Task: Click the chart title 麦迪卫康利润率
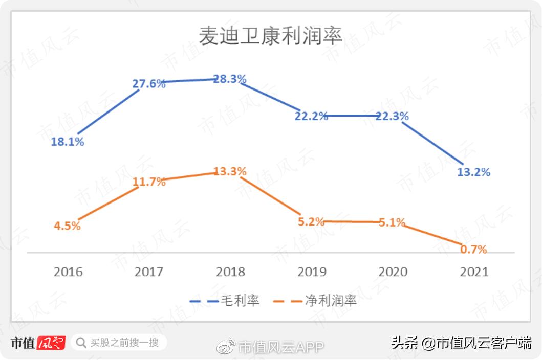270,37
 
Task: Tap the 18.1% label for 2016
67,142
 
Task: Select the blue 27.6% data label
149,84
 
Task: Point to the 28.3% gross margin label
230,79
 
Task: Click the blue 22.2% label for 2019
311,116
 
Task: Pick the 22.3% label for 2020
392,117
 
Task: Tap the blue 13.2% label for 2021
473,172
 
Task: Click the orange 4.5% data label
67,226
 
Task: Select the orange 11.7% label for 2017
149,181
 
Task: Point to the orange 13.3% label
230,171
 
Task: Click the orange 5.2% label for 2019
311,222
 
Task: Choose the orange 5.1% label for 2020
392,222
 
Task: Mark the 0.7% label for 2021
473,250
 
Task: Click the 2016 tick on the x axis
68,272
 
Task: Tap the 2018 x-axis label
230,272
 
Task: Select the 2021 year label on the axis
474,272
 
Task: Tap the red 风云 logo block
51,343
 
